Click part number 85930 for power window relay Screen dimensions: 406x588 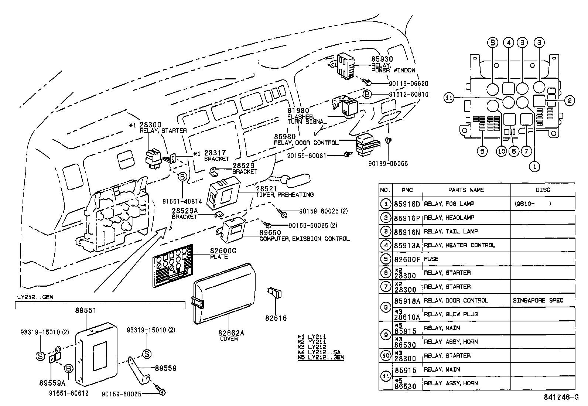click(x=382, y=59)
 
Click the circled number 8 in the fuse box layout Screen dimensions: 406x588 click(x=492, y=43)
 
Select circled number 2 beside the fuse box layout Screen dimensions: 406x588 click(x=570, y=100)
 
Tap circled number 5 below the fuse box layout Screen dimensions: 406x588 click(x=482, y=151)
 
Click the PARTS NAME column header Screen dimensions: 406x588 click(x=466, y=190)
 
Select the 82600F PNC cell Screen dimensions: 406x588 click(x=406, y=259)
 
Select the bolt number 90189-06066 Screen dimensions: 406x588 click(x=388, y=163)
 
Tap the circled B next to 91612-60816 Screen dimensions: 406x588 click(x=367, y=94)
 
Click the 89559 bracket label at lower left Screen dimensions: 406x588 click(x=165, y=368)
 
